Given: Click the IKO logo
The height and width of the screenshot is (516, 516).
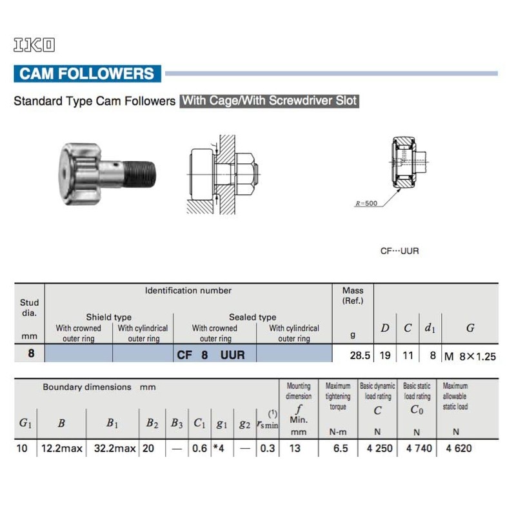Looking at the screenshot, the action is tap(34, 45).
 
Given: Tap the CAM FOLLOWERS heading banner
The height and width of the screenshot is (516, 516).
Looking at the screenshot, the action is tap(87, 73).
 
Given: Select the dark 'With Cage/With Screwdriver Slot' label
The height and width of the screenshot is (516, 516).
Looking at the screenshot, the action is tap(269, 101).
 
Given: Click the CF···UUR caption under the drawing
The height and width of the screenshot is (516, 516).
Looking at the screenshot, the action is tap(399, 250).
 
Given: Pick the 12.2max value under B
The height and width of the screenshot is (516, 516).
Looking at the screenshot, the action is tap(62, 448).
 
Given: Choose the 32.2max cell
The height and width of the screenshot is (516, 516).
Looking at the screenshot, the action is tap(112, 448).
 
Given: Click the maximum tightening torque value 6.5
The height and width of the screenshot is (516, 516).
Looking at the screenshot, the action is tap(337, 448).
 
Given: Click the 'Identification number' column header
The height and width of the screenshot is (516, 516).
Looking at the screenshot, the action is tap(188, 291).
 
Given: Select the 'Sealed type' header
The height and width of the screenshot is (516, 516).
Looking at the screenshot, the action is tap(252, 317).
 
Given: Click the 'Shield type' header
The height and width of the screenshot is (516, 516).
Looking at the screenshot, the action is tap(109, 317).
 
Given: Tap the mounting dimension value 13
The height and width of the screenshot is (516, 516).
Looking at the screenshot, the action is tap(295, 448).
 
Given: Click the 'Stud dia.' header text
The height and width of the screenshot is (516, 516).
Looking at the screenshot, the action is tap(29, 308).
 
